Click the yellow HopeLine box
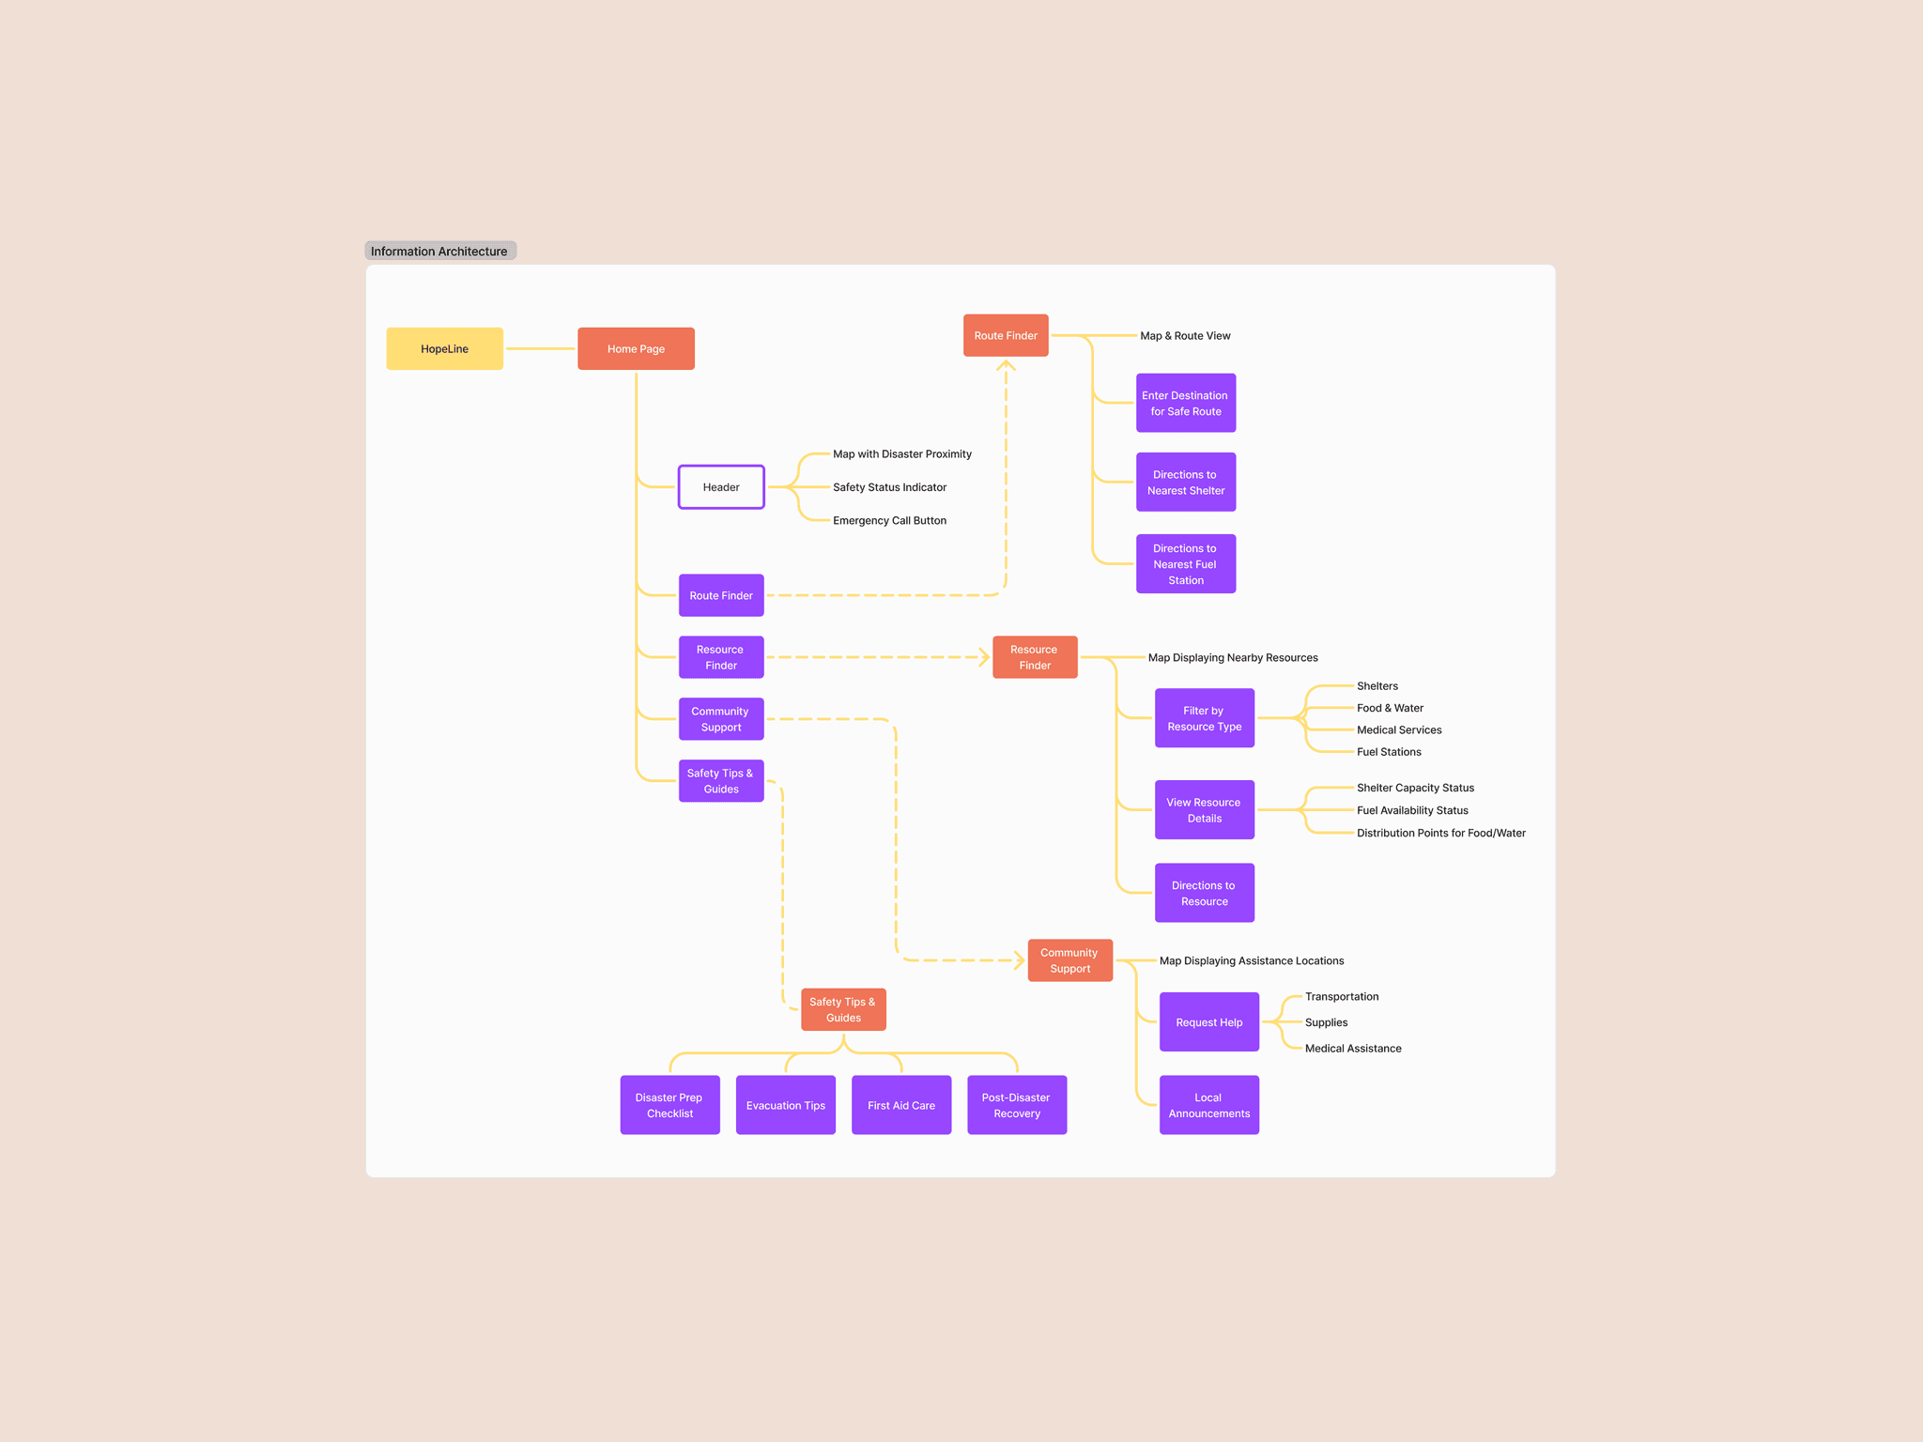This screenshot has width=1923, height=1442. click(444, 348)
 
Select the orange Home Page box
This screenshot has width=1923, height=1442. click(636, 348)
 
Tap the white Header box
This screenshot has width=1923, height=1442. click(721, 487)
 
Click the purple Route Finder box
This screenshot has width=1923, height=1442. click(721, 595)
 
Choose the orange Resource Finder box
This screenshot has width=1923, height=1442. click(1035, 657)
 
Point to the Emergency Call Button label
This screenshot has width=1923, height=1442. click(889, 521)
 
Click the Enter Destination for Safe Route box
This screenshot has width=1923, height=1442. click(1186, 404)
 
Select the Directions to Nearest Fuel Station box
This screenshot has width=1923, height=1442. click(1186, 564)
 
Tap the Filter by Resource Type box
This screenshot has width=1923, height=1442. click(1205, 718)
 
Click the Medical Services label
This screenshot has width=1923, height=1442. click(1399, 730)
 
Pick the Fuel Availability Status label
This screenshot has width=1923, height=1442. click(1412, 810)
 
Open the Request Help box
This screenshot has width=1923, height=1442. click(1209, 1022)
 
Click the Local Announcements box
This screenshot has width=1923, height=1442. click(1209, 1105)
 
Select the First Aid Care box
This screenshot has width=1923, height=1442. click(901, 1105)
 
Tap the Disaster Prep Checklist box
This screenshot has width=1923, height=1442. click(669, 1105)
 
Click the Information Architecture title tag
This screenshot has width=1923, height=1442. click(439, 251)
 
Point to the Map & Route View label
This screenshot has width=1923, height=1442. click(1185, 336)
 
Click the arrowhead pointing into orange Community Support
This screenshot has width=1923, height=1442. click(1019, 960)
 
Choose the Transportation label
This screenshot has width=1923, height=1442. click(1342, 997)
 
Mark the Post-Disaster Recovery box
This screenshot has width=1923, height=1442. click(1017, 1105)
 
